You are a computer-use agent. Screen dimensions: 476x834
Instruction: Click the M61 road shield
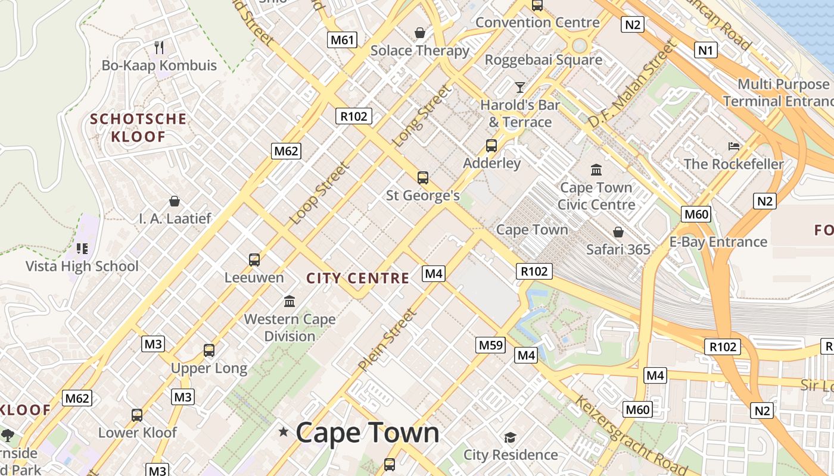pyautogui.click(x=343, y=40)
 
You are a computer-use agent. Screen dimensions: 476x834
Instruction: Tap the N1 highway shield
pyautogui.click(x=705, y=50)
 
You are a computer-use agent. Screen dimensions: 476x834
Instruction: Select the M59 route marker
pyautogui.click(x=491, y=345)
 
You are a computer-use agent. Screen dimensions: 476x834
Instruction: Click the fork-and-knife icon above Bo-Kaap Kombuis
pyautogui.click(x=158, y=47)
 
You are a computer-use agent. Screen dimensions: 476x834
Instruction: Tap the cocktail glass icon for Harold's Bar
pyautogui.click(x=520, y=87)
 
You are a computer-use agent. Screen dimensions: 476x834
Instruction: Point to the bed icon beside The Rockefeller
pyautogui.click(x=734, y=146)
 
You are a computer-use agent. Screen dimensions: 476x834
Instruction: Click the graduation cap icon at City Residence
pyautogui.click(x=510, y=438)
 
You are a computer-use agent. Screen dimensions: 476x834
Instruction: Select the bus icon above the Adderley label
pyautogui.click(x=491, y=146)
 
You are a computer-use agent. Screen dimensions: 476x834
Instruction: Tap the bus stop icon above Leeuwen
pyautogui.click(x=254, y=260)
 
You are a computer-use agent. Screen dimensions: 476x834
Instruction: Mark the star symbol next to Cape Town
pyautogui.click(x=284, y=432)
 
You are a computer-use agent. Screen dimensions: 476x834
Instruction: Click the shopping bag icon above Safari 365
pyautogui.click(x=618, y=231)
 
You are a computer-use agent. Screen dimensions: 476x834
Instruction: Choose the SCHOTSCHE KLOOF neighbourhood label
pyautogui.click(x=138, y=128)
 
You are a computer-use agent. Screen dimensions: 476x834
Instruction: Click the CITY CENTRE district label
pyautogui.click(x=357, y=278)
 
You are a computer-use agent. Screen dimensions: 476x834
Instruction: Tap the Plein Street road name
pyautogui.click(x=387, y=340)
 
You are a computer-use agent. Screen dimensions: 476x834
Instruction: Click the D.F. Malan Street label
pyautogui.click(x=633, y=83)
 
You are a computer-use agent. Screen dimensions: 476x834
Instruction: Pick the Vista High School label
pyautogui.click(x=82, y=266)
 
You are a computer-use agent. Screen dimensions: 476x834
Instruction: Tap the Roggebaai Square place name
pyautogui.click(x=543, y=59)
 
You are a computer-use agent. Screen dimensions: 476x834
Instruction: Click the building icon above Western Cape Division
pyautogui.click(x=290, y=301)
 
